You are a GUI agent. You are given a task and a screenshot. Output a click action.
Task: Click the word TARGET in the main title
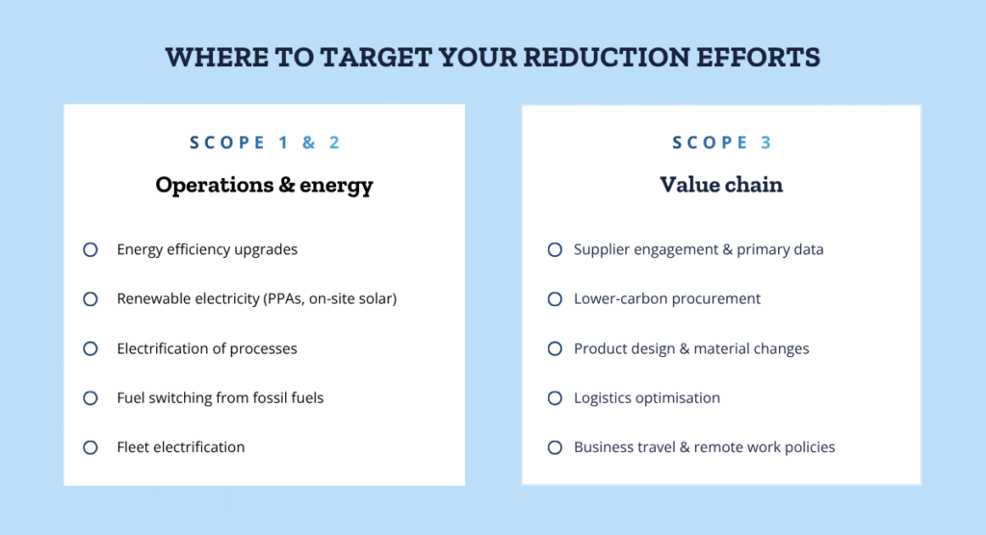(x=376, y=57)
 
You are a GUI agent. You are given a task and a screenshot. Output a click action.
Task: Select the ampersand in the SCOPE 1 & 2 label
(x=308, y=142)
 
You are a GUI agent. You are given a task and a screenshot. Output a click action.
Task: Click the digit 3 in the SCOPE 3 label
(x=765, y=142)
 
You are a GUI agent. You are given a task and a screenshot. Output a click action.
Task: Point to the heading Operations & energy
(x=264, y=185)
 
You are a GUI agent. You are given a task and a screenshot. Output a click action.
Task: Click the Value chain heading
(x=721, y=185)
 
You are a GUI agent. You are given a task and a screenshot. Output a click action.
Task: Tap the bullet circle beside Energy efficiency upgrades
(x=91, y=249)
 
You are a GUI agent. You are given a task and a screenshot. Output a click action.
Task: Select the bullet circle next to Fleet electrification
(x=91, y=447)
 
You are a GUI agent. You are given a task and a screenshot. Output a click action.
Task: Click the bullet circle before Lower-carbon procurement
(x=555, y=298)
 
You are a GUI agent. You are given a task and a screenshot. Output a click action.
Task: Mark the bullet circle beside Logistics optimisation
(x=555, y=398)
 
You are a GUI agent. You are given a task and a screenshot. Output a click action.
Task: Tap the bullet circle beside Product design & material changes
(x=555, y=348)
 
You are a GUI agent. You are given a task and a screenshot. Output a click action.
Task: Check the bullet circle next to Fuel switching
(x=91, y=398)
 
